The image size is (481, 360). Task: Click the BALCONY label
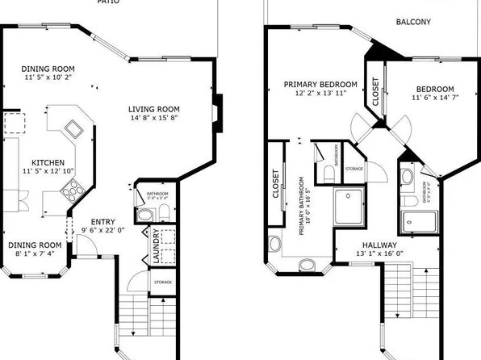click(413, 23)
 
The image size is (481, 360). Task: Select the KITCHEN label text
click(36, 161)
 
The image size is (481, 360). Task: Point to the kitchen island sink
click(73, 128)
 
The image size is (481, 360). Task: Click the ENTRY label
click(102, 222)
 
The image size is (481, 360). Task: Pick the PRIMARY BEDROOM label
click(320, 84)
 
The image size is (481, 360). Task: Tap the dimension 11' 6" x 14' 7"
click(435, 98)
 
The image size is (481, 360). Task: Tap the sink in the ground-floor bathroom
click(144, 215)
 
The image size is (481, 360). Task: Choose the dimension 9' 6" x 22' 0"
click(102, 232)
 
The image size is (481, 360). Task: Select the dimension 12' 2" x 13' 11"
click(320, 94)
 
